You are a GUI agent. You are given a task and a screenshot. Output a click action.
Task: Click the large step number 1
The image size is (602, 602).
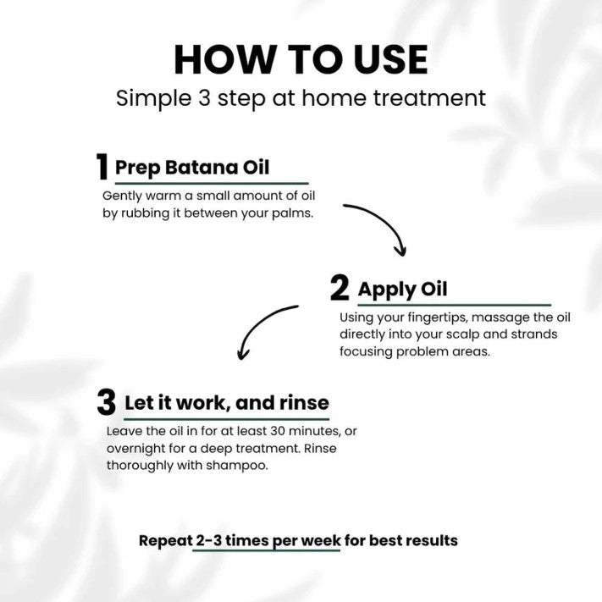[x=102, y=167]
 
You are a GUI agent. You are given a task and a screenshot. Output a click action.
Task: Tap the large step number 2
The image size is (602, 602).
[x=340, y=288]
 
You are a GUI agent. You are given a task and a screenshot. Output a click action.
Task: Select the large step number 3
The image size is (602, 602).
[x=107, y=402]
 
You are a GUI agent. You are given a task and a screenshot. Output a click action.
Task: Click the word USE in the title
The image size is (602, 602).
[x=390, y=59]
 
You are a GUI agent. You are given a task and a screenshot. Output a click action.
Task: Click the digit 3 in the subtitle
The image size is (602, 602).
[x=204, y=98]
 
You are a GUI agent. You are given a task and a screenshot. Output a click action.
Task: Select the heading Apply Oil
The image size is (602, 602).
[x=402, y=290]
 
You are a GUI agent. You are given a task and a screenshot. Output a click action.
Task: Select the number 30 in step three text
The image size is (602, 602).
[x=278, y=431]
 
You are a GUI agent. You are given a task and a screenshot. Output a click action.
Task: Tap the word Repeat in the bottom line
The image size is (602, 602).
[x=165, y=541]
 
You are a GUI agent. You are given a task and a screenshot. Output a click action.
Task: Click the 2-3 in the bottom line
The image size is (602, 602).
[x=209, y=540]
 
